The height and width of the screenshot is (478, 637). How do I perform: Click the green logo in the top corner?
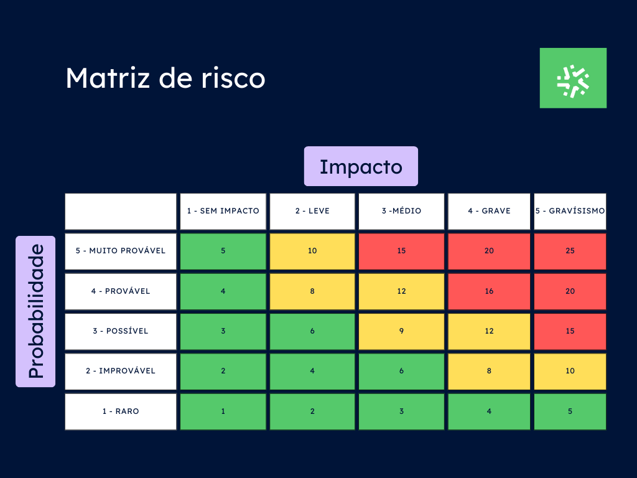pyautogui.click(x=573, y=78)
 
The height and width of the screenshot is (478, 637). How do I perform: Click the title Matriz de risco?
pyautogui.click(x=165, y=78)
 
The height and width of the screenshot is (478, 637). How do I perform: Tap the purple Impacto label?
pyautogui.click(x=361, y=166)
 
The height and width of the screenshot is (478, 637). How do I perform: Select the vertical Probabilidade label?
pyautogui.click(x=35, y=311)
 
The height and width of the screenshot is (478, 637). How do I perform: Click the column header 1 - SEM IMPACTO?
pyautogui.click(x=223, y=212)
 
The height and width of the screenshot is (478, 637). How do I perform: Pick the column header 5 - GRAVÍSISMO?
pyautogui.click(x=570, y=212)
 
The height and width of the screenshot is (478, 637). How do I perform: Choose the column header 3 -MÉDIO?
pyautogui.click(x=401, y=212)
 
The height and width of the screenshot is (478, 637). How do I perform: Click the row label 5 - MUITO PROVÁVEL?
pyautogui.click(x=121, y=251)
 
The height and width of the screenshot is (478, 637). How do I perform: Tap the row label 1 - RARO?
pyautogui.click(x=121, y=412)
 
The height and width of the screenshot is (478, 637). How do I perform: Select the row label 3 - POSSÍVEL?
pyautogui.click(x=121, y=331)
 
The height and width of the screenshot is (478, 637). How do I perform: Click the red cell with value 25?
pyautogui.click(x=570, y=251)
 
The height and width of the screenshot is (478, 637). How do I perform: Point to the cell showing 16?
pyautogui.click(x=489, y=291)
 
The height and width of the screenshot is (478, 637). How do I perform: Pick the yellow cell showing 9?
pyautogui.click(x=401, y=331)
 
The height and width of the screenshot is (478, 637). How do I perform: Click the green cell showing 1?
pyautogui.click(x=223, y=412)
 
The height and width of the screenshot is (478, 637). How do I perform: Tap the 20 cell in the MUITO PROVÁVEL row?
pyautogui.click(x=489, y=251)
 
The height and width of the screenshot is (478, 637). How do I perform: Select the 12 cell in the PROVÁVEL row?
pyautogui.click(x=401, y=291)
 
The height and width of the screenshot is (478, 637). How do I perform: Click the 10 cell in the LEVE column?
pyautogui.click(x=312, y=251)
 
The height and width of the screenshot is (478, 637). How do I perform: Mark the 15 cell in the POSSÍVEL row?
pyautogui.click(x=570, y=331)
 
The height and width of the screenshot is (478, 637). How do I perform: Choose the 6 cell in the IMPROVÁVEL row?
pyautogui.click(x=401, y=372)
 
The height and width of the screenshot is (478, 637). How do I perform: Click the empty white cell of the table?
pyautogui.click(x=121, y=212)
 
